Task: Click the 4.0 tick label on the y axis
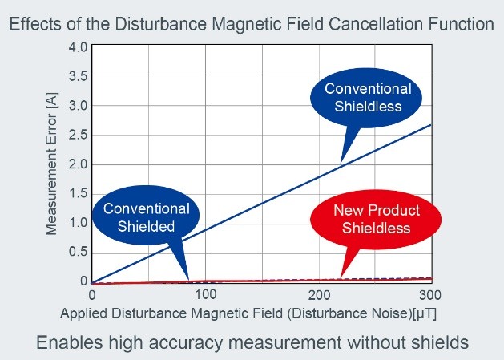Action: tap(78, 47)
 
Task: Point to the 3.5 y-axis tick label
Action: tap(78, 76)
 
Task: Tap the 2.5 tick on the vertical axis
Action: tap(78, 135)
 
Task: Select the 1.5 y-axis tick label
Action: tap(78, 193)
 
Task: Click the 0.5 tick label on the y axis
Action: tap(78, 252)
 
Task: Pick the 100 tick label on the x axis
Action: tap(206, 295)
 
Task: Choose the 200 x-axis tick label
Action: tap(319, 295)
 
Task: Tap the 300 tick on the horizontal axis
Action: tap(431, 295)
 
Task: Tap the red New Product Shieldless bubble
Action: tap(376, 219)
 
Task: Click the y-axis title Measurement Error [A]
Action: tap(52, 164)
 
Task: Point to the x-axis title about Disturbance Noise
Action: tap(248, 312)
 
